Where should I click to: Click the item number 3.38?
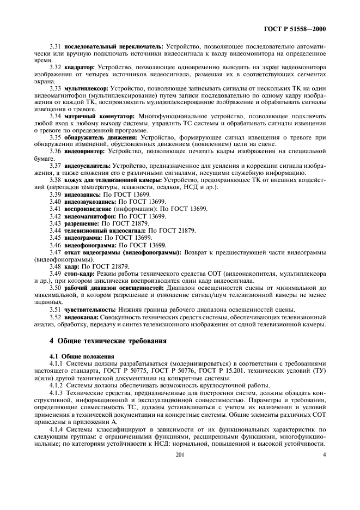(x=56, y=179)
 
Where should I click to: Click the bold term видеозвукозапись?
(x=86, y=202)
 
